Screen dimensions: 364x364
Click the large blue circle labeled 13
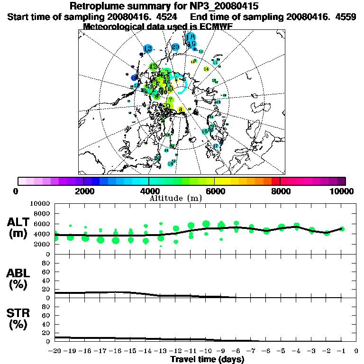[x=147, y=48]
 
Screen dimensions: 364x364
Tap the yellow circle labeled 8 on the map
[x=181, y=109]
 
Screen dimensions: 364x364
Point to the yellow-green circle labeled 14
[x=206, y=69]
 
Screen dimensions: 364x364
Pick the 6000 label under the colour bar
[x=215, y=191]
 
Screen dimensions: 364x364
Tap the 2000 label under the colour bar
[x=84, y=191]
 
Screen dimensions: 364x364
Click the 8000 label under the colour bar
[x=280, y=191]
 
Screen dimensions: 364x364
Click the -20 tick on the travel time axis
[x=55, y=351]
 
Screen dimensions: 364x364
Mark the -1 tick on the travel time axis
[x=341, y=351]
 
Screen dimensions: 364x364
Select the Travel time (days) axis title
[x=207, y=359]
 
